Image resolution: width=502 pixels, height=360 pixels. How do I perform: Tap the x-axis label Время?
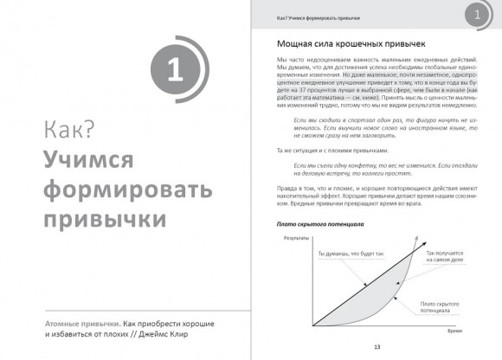click(456, 329)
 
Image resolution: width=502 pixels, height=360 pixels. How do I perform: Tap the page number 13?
click(377, 348)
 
